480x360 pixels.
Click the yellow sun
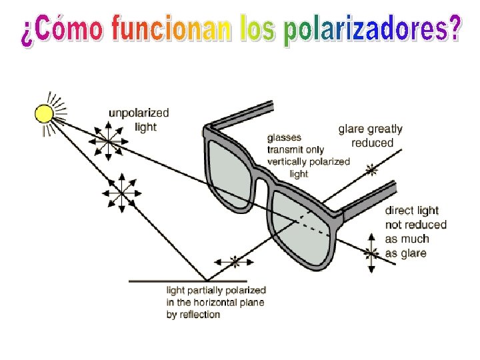point(44,113)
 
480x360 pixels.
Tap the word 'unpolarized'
point(139,113)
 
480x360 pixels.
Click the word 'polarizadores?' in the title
point(371,30)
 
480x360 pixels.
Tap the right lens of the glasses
point(304,220)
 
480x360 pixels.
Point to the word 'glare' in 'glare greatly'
point(351,129)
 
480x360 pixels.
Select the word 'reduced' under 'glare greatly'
point(373,143)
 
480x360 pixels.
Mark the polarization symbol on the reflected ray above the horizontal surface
point(233,262)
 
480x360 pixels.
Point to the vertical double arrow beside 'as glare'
point(372,253)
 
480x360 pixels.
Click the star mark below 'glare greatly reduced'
point(372,171)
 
